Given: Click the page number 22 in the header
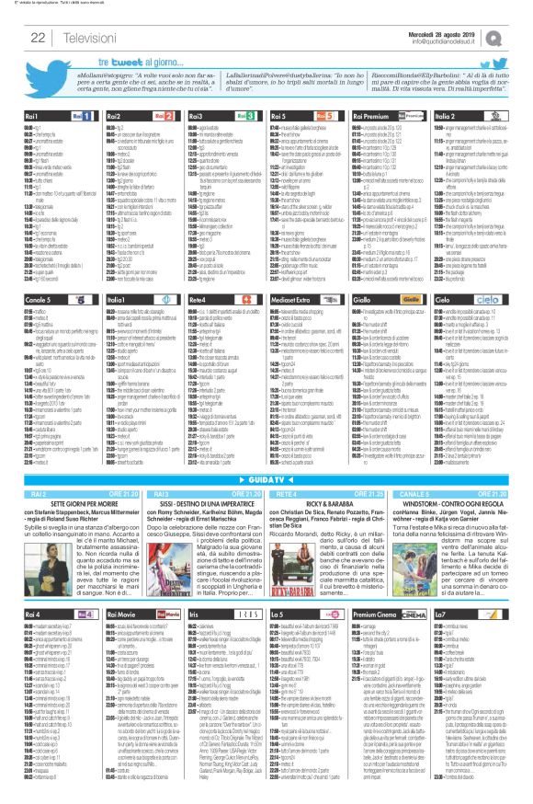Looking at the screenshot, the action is point(39,36).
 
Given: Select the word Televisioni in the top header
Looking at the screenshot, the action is point(82,36).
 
